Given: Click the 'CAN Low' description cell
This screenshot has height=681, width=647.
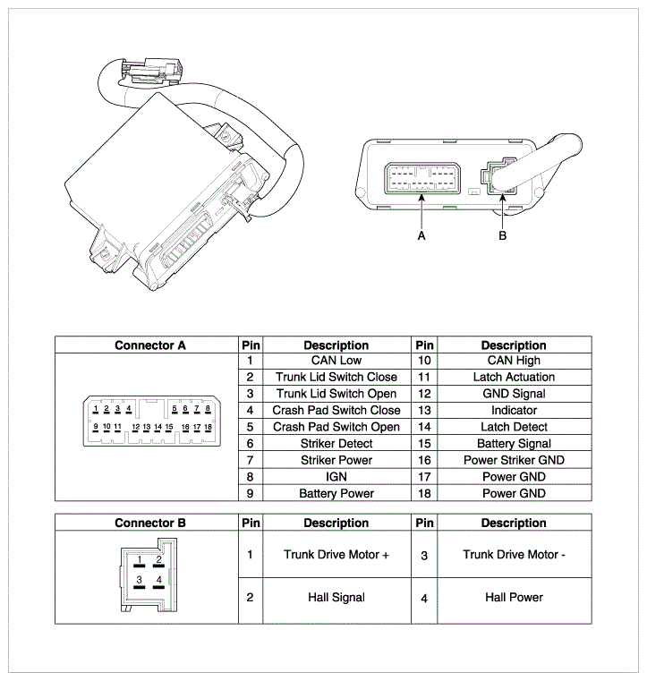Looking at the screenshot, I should pos(336,361).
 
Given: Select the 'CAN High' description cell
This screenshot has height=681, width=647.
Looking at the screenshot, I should pos(513,361).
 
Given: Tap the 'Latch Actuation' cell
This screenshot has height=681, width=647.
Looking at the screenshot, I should pos(513,378).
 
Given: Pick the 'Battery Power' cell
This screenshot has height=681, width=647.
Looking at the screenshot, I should pos(336,493).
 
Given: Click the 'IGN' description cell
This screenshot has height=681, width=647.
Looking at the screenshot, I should pos(336,477).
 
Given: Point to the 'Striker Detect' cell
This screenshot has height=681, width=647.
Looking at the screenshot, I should pos(336,444).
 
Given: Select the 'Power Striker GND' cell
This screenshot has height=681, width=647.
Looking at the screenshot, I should pos(513,460).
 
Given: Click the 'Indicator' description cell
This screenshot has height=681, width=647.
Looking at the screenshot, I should pos(513,411).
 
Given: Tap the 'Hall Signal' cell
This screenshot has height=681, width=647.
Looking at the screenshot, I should pos(336,597).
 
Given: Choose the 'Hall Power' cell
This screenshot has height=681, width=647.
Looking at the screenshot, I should pos(513,597).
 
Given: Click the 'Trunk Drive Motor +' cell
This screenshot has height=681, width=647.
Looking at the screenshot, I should pos(336,555).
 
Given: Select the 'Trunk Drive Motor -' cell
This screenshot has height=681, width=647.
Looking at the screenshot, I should pos(513,555).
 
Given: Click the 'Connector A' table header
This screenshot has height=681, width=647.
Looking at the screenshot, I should pos(149,345).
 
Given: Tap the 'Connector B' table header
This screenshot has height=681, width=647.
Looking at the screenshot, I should pos(149,523).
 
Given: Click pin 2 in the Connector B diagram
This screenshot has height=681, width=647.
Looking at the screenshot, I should pos(158,561).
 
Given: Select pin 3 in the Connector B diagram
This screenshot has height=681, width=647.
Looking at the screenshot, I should pos(139,581).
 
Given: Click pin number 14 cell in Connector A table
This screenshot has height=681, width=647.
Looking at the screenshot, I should pos(424,428).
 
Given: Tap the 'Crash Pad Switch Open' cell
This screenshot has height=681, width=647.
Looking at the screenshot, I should pos(336,427).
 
